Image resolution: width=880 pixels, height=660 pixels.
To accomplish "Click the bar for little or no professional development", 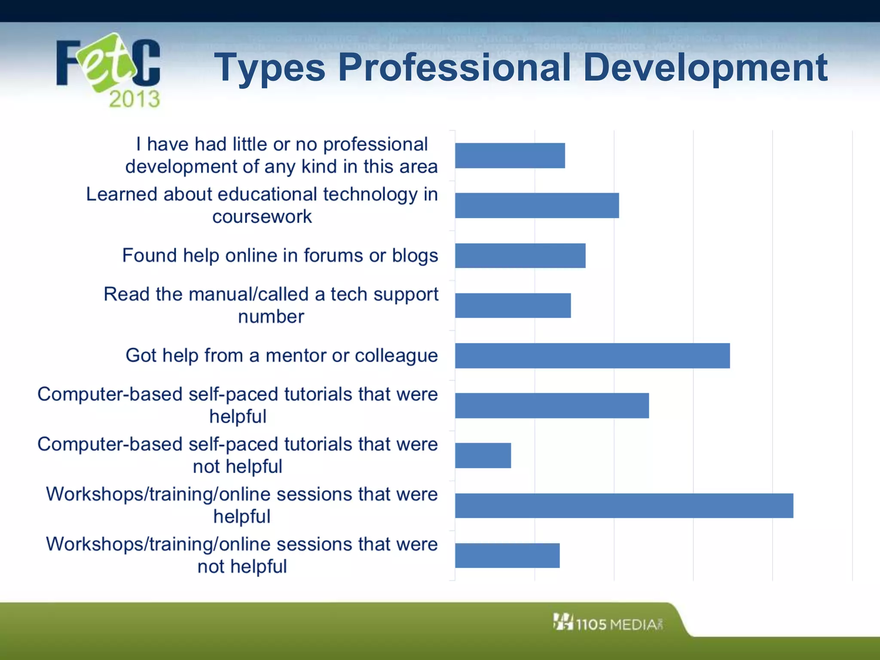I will (x=510, y=156).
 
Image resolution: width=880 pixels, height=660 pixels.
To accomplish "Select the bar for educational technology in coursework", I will (x=537, y=205).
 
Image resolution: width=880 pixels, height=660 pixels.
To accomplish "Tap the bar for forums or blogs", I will (x=520, y=256).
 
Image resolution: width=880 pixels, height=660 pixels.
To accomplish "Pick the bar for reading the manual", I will (x=513, y=306).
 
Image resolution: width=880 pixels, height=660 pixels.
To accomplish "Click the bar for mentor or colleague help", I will (x=592, y=356).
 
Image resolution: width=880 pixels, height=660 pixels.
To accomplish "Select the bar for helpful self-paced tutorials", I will (x=552, y=406).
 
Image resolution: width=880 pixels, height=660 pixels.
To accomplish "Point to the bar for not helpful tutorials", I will (x=483, y=455).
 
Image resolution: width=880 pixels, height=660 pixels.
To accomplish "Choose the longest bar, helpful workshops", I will (x=624, y=506).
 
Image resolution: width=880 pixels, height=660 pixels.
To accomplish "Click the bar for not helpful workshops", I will (x=507, y=556).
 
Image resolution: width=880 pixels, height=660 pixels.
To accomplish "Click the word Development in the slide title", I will (x=705, y=67).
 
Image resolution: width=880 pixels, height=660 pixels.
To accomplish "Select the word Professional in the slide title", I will (x=454, y=67).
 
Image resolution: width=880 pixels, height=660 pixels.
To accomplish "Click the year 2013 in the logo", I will (x=134, y=99).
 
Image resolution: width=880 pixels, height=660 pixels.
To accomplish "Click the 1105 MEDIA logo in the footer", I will (x=608, y=623).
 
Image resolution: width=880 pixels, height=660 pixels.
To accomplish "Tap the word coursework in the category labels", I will (x=262, y=217).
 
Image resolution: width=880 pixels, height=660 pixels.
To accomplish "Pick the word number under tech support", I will (x=271, y=317).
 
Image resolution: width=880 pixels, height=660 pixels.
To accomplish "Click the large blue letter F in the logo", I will (x=67, y=63).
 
